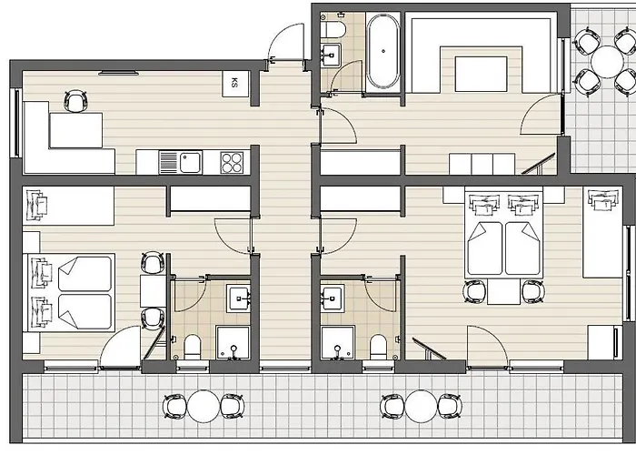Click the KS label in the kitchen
(x=234, y=83)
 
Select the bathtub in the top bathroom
(x=383, y=52)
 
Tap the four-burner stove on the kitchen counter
(x=232, y=163)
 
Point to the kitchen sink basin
(x=191, y=163)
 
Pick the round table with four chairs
(x=607, y=62)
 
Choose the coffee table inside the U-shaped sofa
(x=481, y=74)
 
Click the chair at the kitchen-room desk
(x=75, y=101)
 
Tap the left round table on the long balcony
(x=204, y=406)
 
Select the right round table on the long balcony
(x=421, y=406)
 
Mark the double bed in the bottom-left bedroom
(x=72, y=292)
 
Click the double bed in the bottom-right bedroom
(x=503, y=235)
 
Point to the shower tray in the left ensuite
(x=233, y=342)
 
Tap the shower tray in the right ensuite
(x=338, y=342)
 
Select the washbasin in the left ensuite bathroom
(x=238, y=298)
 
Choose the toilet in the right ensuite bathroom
(x=379, y=347)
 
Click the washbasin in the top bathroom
(x=331, y=53)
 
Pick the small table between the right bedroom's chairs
(x=503, y=292)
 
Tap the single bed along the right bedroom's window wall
(x=602, y=232)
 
